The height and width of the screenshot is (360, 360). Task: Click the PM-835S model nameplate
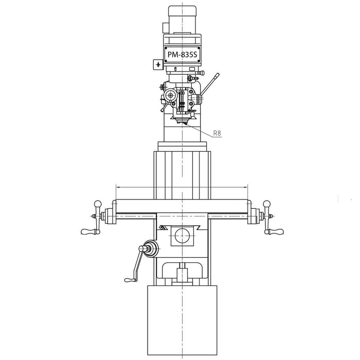coord(183,53)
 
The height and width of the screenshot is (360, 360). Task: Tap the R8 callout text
coord(217,133)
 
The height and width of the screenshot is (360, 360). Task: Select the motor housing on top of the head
coord(183,15)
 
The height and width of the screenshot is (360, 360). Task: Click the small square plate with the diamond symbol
coord(157,65)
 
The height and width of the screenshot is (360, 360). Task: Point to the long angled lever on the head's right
coord(210,84)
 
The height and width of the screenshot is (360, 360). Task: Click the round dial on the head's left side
coord(171,95)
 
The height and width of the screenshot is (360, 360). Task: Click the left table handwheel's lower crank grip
coord(88,232)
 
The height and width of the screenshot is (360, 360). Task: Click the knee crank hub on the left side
coord(150,248)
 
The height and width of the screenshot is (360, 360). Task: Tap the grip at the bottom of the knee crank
coord(130,279)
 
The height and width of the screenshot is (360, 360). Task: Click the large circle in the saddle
coord(182,236)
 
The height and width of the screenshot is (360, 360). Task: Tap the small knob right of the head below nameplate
coord(192,78)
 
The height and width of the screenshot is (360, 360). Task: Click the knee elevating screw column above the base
coord(182,273)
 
